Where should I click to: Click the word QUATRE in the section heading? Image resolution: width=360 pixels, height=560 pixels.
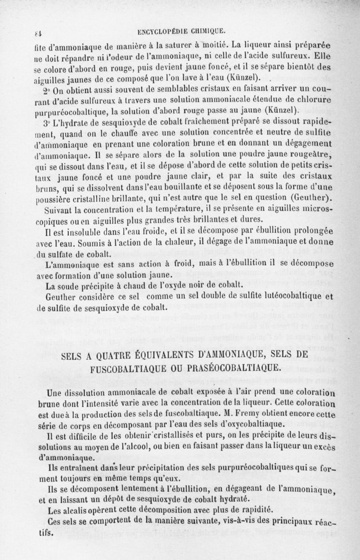click(x=100, y=354)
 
